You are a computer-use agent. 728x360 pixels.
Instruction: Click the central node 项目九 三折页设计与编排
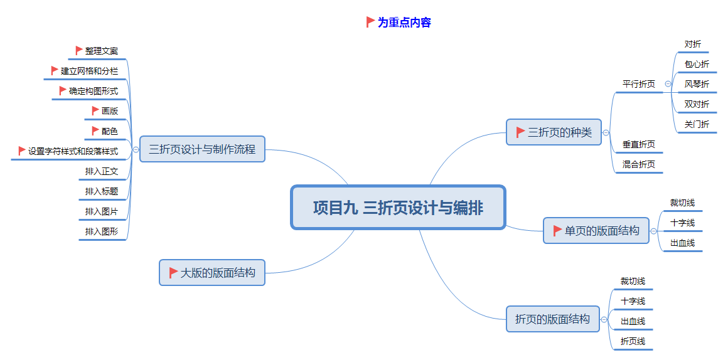coord(398,208)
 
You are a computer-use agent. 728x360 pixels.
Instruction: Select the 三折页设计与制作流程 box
coord(202,149)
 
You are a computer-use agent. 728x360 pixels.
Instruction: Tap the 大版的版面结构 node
coord(212,273)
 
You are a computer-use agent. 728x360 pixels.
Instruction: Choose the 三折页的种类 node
coord(554,132)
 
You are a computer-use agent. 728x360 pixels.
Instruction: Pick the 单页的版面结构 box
coord(596,231)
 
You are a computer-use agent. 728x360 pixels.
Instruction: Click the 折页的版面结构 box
coord(552,319)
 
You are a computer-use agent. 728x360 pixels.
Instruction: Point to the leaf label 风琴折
coord(697,84)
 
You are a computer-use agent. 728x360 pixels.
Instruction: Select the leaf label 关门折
coord(697,124)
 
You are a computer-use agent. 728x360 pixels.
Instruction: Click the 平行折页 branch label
coord(638,84)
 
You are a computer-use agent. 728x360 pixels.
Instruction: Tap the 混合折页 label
coord(638,164)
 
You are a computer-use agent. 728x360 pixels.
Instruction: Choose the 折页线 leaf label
coord(633,341)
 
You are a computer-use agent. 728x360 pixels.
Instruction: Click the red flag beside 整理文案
coord(79,51)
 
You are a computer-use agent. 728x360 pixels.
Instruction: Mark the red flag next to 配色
coord(95,131)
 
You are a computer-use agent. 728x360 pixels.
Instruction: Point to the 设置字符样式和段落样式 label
coord(73,151)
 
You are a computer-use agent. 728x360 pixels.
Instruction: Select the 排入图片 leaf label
coord(102,211)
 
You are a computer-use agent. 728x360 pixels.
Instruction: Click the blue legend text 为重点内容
coord(404,23)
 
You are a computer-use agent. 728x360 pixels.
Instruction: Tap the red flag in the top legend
coord(370,22)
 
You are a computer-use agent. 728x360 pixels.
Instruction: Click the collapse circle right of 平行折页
coord(668,83)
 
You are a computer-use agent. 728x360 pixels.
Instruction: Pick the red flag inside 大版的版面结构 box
coord(173,273)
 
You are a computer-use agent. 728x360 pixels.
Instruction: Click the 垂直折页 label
coord(638,144)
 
